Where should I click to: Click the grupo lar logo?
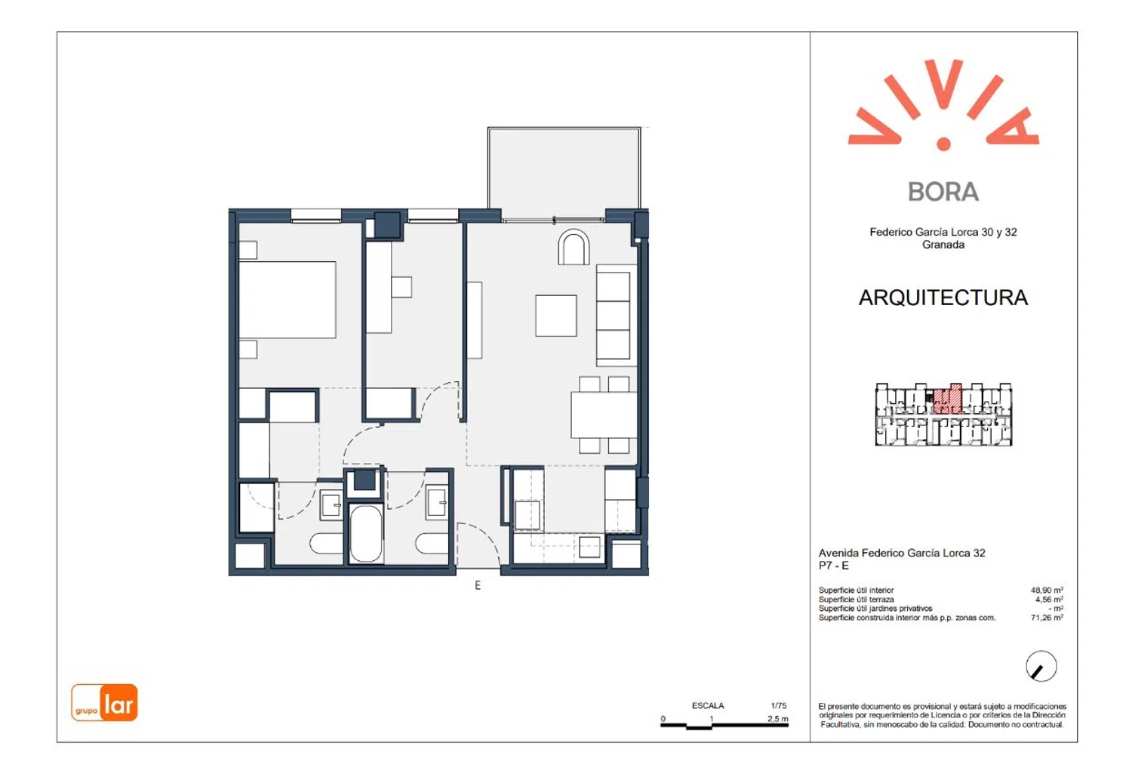(104, 702)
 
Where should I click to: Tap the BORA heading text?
(943, 192)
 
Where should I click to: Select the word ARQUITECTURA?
(943, 298)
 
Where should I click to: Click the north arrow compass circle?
(1041, 666)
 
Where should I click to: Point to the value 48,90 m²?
(1047, 590)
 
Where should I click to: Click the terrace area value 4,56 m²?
(1049, 599)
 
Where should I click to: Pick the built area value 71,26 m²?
(1047, 617)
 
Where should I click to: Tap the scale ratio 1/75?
(779, 705)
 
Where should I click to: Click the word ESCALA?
(708, 705)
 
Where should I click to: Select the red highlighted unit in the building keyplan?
(946, 400)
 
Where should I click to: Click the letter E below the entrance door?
(478, 585)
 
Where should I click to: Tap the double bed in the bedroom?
(287, 299)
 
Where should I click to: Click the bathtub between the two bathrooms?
(366, 533)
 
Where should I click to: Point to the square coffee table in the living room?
(556, 316)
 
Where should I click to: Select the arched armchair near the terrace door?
(574, 247)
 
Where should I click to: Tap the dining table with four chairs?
(604, 415)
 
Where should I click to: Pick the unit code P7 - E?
(834, 565)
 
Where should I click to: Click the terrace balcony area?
(564, 174)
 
